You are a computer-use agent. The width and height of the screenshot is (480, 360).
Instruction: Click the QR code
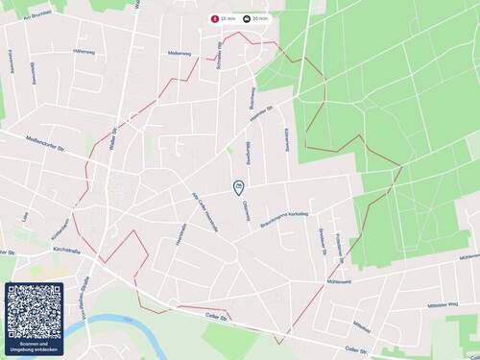pyautogui.click(x=34, y=309)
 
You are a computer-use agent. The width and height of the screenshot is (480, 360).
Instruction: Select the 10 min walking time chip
pyautogui.click(x=225, y=18)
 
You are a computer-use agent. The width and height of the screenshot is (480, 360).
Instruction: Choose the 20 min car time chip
pyautogui.click(x=256, y=18)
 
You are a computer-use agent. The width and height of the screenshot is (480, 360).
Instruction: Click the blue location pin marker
pyautogui.click(x=238, y=187)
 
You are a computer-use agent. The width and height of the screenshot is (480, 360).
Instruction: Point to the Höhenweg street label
pyautogui.click(x=84, y=51)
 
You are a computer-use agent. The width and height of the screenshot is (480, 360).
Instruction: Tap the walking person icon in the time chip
pyautogui.click(x=214, y=18)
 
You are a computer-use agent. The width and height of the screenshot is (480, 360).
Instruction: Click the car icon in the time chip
pyautogui.click(x=247, y=18)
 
